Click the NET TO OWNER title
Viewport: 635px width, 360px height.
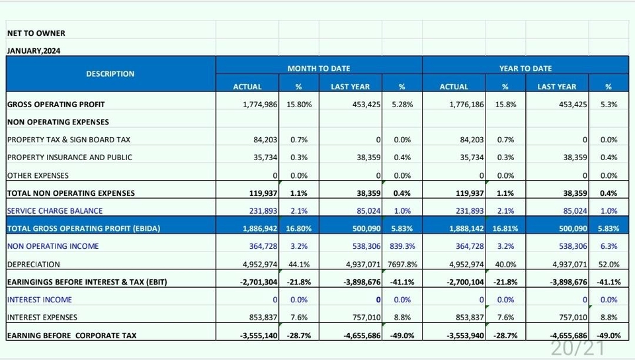[36, 33]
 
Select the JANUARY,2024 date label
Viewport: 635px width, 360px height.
[34, 51]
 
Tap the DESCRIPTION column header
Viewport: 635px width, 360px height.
[110, 74]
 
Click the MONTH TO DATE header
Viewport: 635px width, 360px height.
[318, 68]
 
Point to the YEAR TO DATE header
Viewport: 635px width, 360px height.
[525, 68]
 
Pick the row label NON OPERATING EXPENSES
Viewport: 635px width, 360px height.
[58, 122]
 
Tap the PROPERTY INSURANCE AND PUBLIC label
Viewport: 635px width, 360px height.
[69, 157]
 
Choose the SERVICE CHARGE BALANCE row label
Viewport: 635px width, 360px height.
[55, 211]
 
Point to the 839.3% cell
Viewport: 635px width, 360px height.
[402, 246]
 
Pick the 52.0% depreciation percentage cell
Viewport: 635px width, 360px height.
[609, 264]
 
